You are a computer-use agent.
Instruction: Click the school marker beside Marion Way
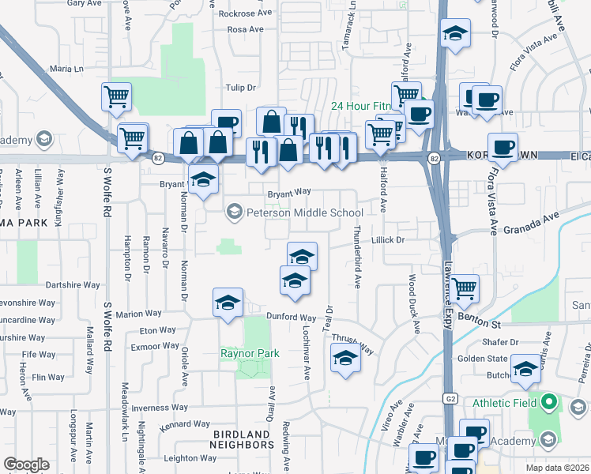tap(228, 303)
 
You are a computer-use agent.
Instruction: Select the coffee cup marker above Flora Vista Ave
tap(503, 146)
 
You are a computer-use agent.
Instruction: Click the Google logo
tap(26, 465)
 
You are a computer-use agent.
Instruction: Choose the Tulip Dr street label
tap(242, 88)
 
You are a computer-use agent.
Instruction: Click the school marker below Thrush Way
tap(344, 359)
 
